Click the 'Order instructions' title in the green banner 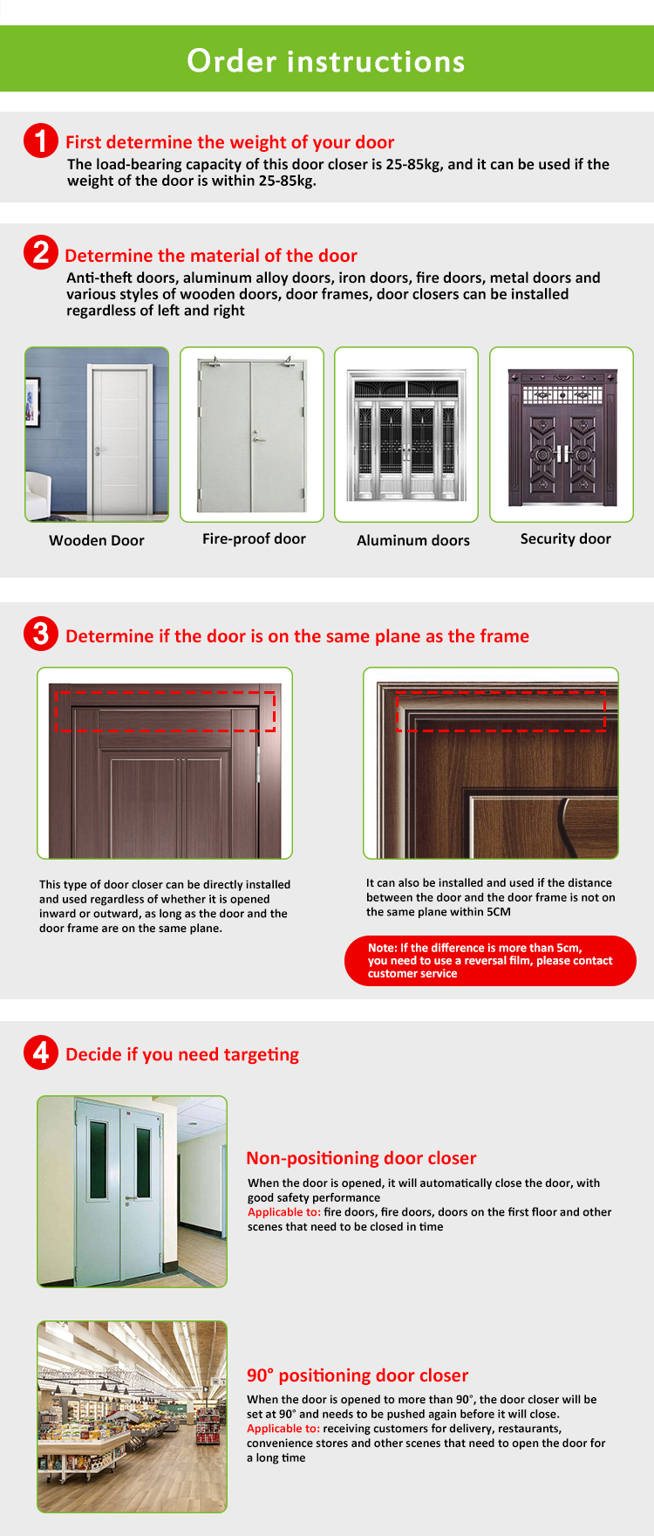pyautogui.click(x=326, y=61)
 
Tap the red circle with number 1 pyautogui.click(x=40, y=141)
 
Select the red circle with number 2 pyautogui.click(x=40, y=253)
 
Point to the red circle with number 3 pyautogui.click(x=40, y=634)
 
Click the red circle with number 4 pyautogui.click(x=40, y=1053)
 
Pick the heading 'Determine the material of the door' pyautogui.click(x=211, y=256)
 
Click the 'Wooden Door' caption pyautogui.click(x=97, y=540)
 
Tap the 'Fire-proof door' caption pyautogui.click(x=254, y=538)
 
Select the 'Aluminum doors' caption pyautogui.click(x=412, y=540)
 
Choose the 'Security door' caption pyautogui.click(x=565, y=538)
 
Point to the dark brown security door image pyautogui.click(x=562, y=435)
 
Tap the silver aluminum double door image pyautogui.click(x=406, y=435)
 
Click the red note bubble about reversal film pyautogui.click(x=490, y=960)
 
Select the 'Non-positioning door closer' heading pyautogui.click(x=361, y=1158)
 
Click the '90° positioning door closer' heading pyautogui.click(x=358, y=1375)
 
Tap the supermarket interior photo pyautogui.click(x=132, y=1416)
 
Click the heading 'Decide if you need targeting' pyautogui.click(x=182, y=1054)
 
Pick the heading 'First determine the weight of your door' pyautogui.click(x=229, y=142)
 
